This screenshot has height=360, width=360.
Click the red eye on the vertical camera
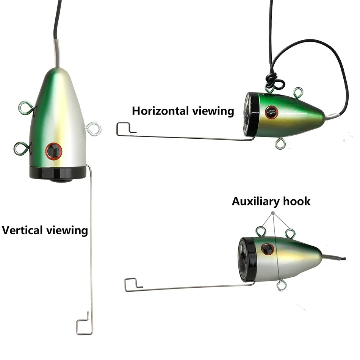pos(53,151)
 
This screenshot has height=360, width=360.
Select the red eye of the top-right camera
pos(271,112)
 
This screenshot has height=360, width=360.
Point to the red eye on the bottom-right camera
pos(268,249)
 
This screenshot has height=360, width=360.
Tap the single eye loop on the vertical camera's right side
pos(93,128)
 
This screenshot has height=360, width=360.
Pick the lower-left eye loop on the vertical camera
pos(21,147)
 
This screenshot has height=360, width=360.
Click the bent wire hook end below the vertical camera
pos(84,324)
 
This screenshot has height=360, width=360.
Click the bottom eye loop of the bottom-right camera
pos(280,285)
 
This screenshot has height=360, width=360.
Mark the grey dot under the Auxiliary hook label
pos(273,214)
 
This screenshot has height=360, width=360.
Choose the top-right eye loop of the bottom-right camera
pos(290,232)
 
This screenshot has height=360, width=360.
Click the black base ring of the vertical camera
pos(58,172)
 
